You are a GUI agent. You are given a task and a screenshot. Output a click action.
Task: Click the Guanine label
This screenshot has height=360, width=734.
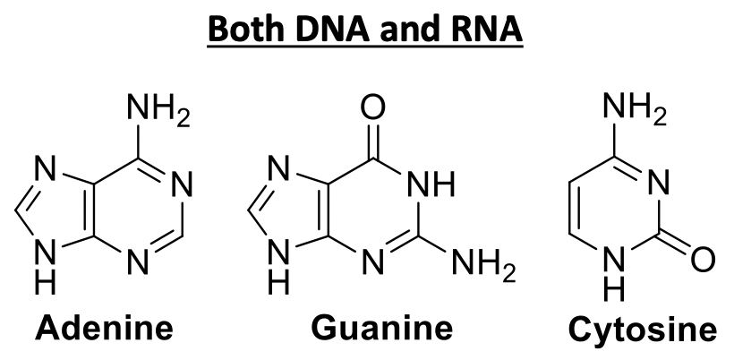pyautogui.click(x=381, y=328)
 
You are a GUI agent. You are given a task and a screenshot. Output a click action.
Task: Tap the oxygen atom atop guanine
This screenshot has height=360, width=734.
pyautogui.click(x=373, y=110)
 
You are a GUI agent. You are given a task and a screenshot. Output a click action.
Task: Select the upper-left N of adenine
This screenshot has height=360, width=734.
pyautogui.click(x=46, y=167)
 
